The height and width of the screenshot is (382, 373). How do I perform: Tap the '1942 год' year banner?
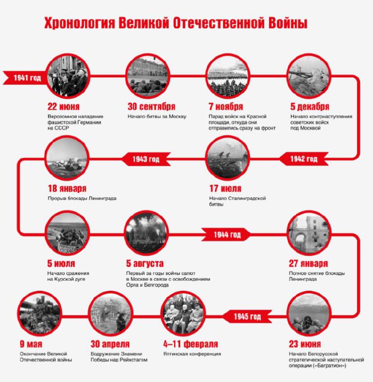click(x=304, y=159)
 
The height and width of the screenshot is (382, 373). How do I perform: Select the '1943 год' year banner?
click(x=146, y=159)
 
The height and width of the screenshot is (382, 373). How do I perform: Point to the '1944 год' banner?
click(x=226, y=234)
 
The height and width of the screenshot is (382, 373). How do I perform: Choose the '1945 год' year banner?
click(x=247, y=317)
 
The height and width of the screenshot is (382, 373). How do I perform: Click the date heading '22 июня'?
click(x=63, y=106)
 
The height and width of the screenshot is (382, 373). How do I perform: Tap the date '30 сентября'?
click(x=151, y=106)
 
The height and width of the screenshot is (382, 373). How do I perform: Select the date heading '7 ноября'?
click(x=226, y=106)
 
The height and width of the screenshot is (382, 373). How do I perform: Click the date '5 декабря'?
click(x=310, y=106)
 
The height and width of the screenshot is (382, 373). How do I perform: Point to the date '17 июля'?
click(x=225, y=188)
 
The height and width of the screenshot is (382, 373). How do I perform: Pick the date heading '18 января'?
click(x=67, y=188)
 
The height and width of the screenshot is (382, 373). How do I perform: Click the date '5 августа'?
click(x=145, y=264)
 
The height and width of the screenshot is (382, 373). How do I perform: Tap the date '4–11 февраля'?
click(x=191, y=344)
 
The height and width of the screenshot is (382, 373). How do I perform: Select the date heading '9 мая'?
click(x=31, y=344)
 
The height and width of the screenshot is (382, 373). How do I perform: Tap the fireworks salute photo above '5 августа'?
click(x=146, y=233)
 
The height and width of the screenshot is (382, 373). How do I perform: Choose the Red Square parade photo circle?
click(x=228, y=76)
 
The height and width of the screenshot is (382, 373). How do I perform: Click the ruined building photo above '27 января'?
click(x=309, y=233)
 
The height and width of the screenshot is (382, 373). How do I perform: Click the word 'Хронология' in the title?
click(x=80, y=23)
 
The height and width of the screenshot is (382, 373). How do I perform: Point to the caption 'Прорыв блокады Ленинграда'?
click(x=82, y=198)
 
